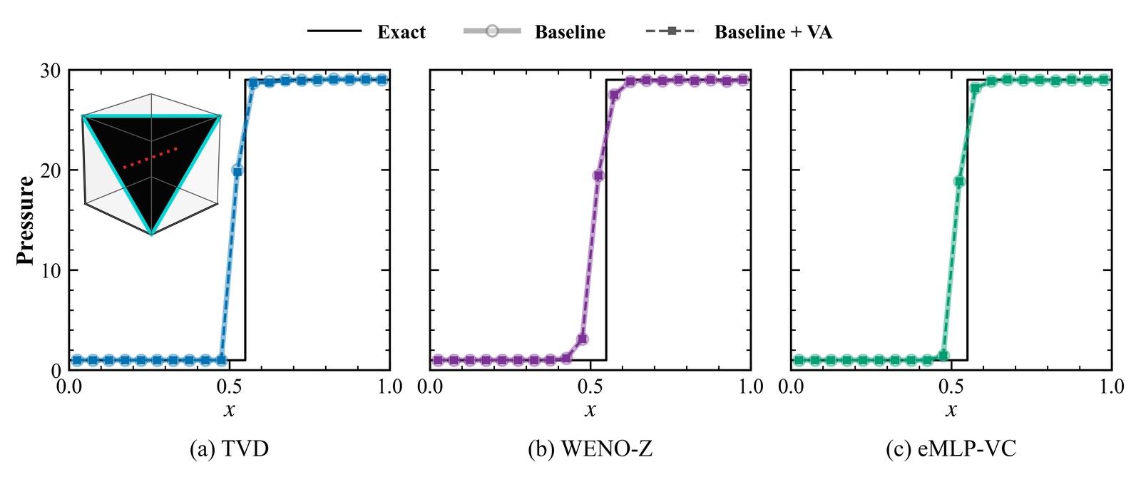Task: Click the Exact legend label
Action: [x=401, y=32]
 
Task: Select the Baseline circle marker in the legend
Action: [x=492, y=31]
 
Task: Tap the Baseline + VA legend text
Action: [x=773, y=32]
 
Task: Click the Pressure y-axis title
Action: [x=25, y=220]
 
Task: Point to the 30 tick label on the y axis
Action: [x=51, y=71]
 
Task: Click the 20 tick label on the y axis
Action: [x=51, y=170]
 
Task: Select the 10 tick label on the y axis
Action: [x=51, y=270]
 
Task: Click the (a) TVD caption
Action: [x=229, y=449]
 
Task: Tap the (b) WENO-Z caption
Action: [x=590, y=449]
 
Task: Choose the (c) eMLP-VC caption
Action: [x=951, y=449]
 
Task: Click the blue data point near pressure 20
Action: [x=237, y=171]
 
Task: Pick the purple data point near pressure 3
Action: [x=582, y=339]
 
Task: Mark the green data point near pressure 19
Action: [x=960, y=181]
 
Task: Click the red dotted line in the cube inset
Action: [x=150, y=158]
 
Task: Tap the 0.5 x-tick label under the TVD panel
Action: [x=229, y=387]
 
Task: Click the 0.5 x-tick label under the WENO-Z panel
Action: [x=590, y=387]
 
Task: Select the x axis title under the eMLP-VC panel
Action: [x=951, y=410]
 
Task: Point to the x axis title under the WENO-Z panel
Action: [x=590, y=410]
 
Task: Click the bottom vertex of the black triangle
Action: [x=151, y=234]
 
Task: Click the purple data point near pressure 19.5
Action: [x=598, y=175]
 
